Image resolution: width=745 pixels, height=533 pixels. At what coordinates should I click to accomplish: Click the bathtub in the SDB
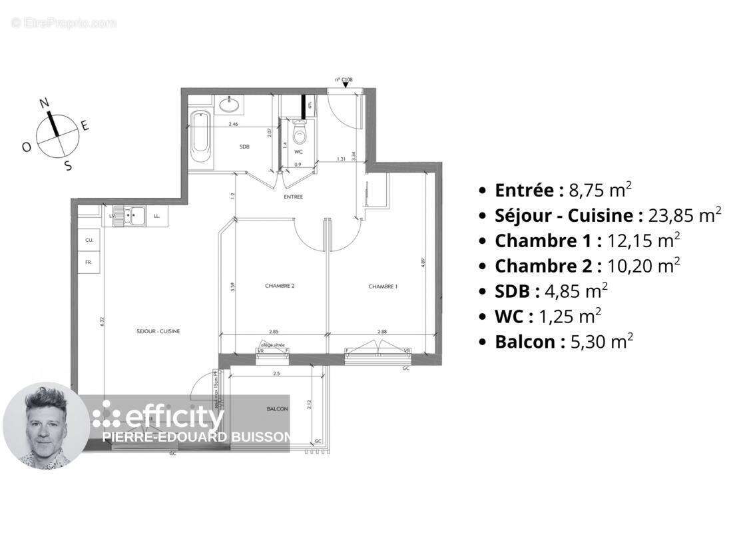click(x=200, y=139)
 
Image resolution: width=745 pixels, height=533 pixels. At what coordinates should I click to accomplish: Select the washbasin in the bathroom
click(x=228, y=104)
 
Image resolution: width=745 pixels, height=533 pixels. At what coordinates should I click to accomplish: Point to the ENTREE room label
click(x=293, y=197)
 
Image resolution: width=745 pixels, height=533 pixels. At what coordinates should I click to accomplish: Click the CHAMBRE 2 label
click(x=280, y=286)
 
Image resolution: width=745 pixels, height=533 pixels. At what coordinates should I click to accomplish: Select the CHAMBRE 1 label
click(x=383, y=286)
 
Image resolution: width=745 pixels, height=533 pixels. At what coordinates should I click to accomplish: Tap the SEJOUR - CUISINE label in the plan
click(x=158, y=331)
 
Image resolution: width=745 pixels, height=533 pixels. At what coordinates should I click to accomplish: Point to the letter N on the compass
click(x=45, y=103)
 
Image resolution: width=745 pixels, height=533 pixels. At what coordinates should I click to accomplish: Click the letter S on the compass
click(x=67, y=166)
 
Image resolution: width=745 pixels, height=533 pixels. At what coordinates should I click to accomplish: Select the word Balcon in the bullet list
click(x=525, y=342)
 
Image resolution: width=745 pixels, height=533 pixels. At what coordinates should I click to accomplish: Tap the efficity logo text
click(x=174, y=418)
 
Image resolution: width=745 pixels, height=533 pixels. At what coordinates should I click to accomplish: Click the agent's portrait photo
click(x=45, y=426)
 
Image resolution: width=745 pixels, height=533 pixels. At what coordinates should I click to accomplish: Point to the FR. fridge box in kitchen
click(x=88, y=263)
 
